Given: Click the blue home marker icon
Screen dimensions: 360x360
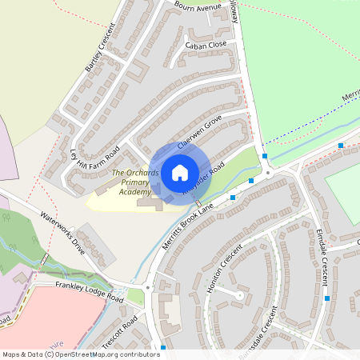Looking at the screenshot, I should click(180, 172).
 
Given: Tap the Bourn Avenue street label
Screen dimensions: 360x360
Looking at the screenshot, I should click(198, 7).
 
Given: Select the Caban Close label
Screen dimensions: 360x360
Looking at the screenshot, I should click(207, 44).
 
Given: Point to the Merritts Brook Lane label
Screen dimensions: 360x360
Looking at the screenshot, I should click(188, 226).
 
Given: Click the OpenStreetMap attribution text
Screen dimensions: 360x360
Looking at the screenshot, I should click(82, 354).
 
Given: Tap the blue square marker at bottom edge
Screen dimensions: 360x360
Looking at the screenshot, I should click(163, 347).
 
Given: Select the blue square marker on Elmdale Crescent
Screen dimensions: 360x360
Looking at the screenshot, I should click(327, 298).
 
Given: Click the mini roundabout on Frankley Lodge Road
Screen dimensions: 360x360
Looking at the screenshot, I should click(148, 287).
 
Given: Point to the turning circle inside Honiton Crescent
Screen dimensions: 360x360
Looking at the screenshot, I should click(239, 295).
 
